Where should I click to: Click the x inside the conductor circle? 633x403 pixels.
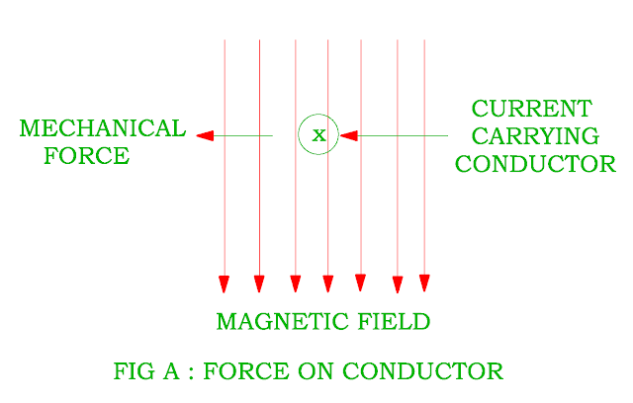[x=318, y=135]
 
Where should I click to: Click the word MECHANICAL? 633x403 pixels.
[x=102, y=129]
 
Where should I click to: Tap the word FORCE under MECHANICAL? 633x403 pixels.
[x=86, y=156]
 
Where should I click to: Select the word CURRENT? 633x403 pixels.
[x=531, y=109]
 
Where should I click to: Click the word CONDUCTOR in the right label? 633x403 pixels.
[x=535, y=164]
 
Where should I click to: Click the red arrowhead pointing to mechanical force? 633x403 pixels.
[x=205, y=135]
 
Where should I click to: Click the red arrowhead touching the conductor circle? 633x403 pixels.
[x=348, y=135]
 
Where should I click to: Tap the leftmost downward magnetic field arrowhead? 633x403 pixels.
[x=225, y=284]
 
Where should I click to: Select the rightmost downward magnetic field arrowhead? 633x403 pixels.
[x=424, y=283]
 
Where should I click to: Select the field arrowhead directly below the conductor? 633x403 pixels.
[x=328, y=284]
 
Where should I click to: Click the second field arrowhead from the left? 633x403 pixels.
[x=259, y=284]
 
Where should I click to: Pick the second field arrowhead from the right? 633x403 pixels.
[x=398, y=284]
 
